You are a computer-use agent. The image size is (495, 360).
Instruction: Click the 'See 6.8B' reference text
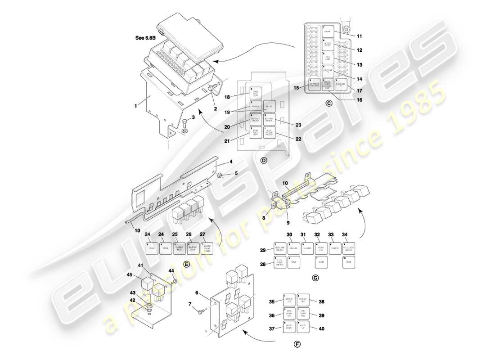146,38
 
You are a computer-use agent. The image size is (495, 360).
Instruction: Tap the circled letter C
328,103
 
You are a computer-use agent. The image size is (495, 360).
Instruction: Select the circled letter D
264,160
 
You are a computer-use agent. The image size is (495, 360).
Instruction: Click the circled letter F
297,345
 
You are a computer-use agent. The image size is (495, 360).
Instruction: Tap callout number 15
297,87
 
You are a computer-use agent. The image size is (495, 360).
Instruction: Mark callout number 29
263,250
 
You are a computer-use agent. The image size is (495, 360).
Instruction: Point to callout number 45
130,275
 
